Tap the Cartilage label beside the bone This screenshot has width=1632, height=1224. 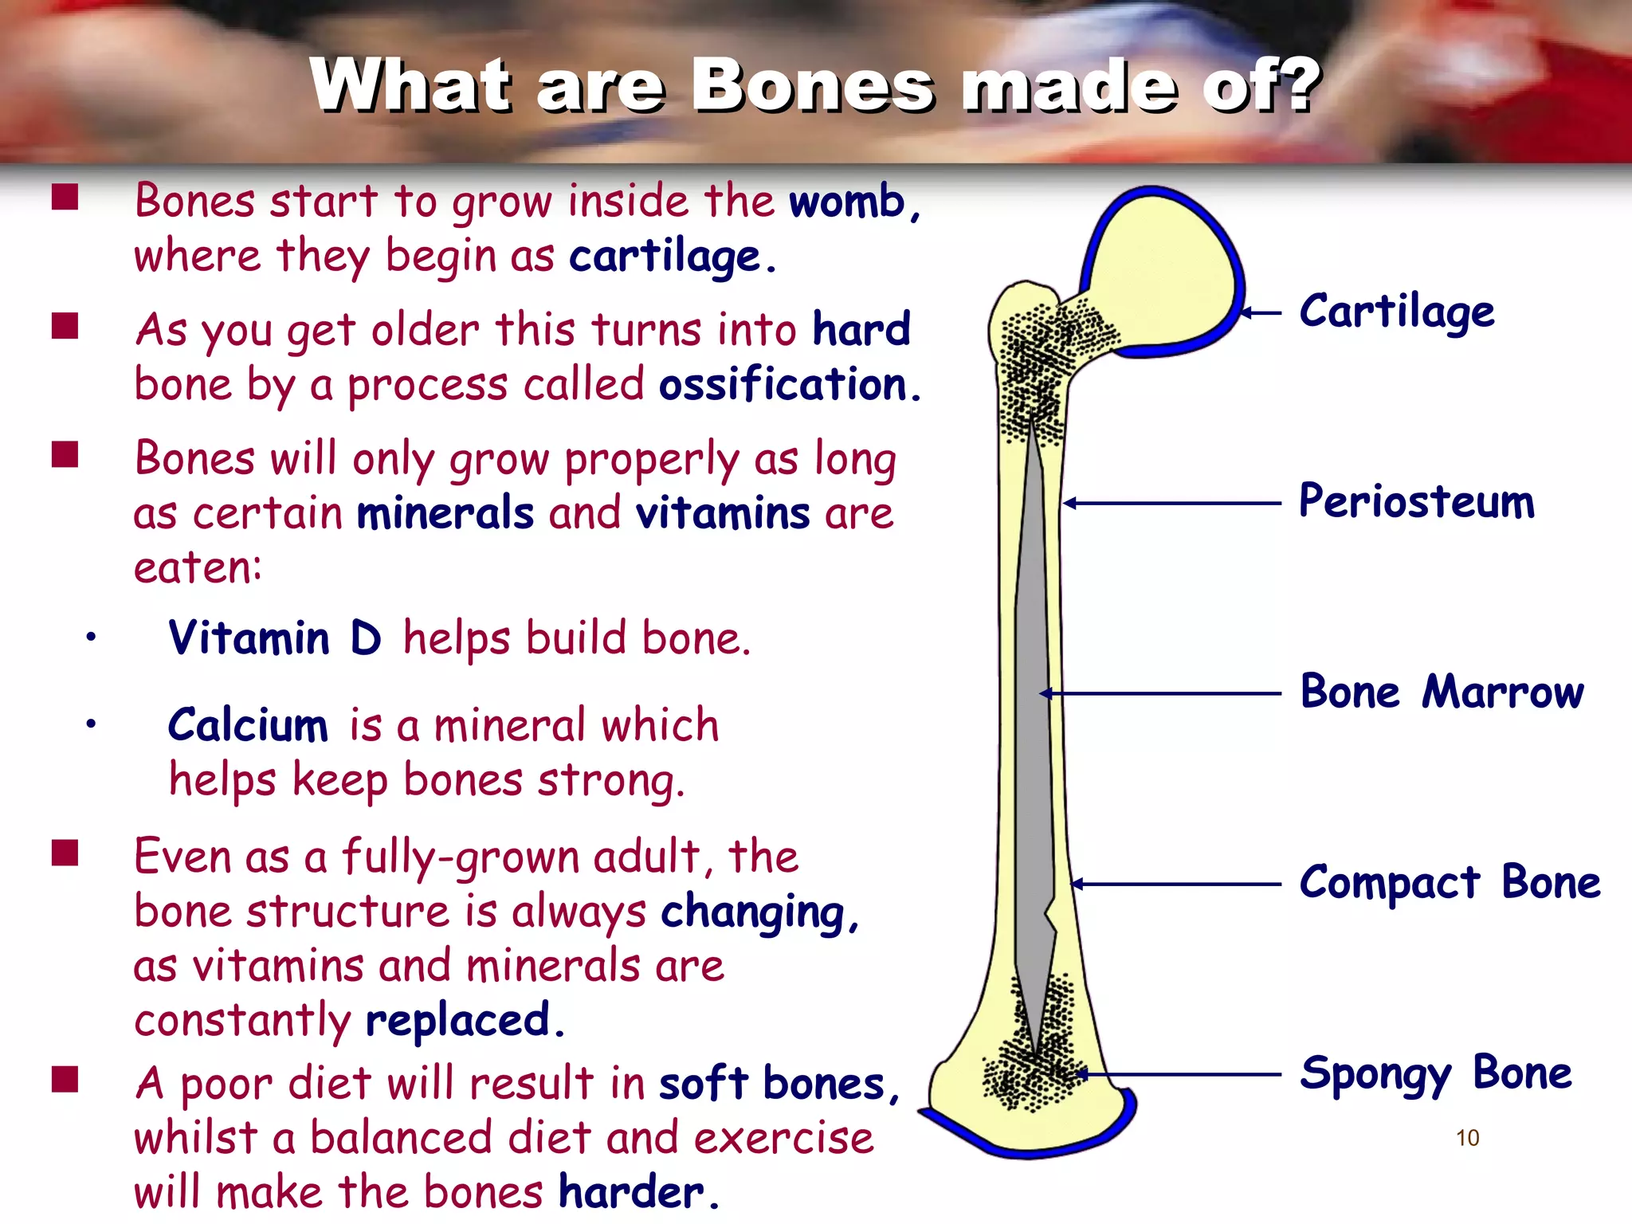(x=1396, y=312)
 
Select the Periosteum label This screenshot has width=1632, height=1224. (x=1416, y=502)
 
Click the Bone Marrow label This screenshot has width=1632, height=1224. (x=1442, y=692)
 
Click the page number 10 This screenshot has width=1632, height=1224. (x=1467, y=1138)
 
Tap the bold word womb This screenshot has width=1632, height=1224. (x=847, y=201)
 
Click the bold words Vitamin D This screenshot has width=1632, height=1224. (x=275, y=638)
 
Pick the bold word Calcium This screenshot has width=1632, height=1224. (x=248, y=725)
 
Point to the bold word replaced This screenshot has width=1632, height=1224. (x=459, y=1020)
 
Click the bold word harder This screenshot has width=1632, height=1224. (x=632, y=1192)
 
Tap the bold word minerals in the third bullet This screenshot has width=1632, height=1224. (x=445, y=513)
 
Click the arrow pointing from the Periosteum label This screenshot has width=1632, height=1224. (x=1171, y=503)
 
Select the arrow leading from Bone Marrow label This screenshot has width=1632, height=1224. (x=1159, y=693)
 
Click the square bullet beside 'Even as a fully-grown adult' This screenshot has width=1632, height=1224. (x=65, y=853)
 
